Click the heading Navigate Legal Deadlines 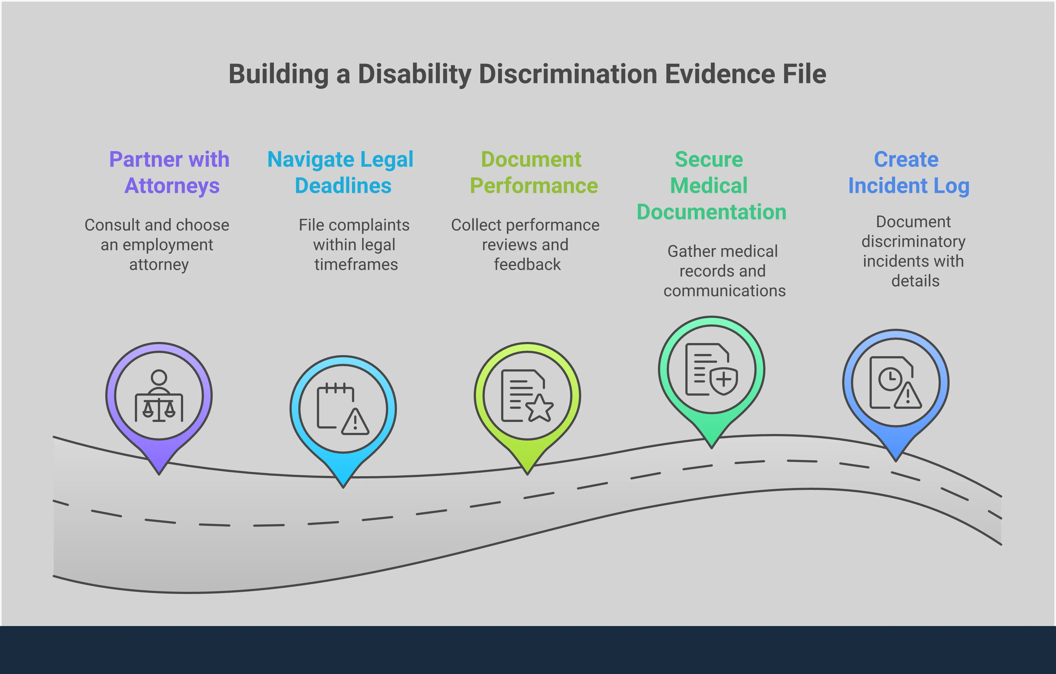pyautogui.click(x=341, y=172)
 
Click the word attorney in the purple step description pyautogui.click(x=159, y=265)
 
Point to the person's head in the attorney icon pyautogui.click(x=159, y=377)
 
